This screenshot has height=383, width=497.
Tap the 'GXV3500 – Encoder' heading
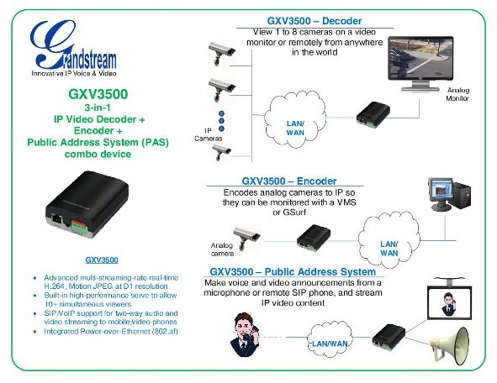coord(288,181)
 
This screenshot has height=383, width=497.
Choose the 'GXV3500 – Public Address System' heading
coord(292,272)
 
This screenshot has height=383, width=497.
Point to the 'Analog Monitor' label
coord(458,93)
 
